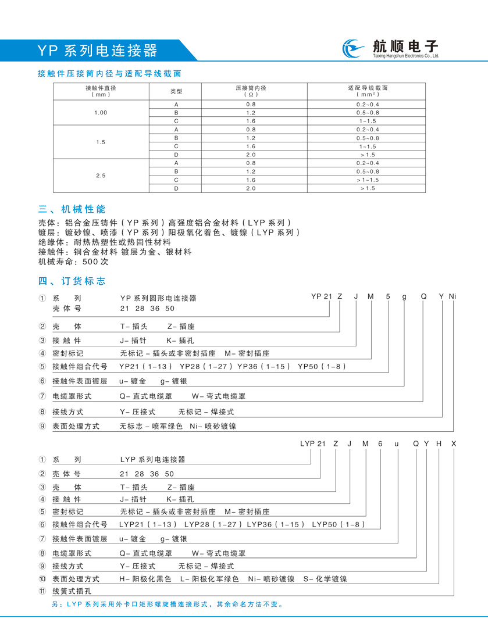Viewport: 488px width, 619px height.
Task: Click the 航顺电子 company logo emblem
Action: click(353, 49)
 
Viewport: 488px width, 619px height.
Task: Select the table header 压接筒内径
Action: click(251, 91)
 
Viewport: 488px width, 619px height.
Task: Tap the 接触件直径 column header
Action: click(101, 91)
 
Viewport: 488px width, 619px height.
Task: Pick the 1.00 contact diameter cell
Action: click(101, 112)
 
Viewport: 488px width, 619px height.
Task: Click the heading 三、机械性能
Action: click(72, 209)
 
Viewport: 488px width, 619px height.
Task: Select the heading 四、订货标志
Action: click(72, 281)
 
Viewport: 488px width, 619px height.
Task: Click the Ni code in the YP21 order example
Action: click(453, 296)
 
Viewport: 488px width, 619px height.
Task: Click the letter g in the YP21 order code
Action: click(404, 296)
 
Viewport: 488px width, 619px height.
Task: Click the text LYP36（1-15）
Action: click(276, 525)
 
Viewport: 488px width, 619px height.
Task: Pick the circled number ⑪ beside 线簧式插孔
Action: click(42, 592)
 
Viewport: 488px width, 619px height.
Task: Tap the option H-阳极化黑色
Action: click(145, 579)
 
